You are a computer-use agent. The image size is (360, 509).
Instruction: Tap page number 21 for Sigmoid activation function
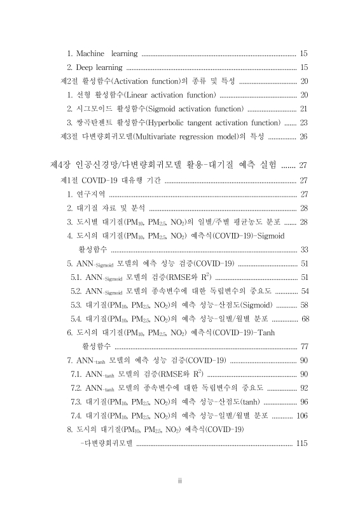pyautogui.click(x=303, y=108)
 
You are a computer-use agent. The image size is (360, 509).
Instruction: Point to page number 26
pyautogui.click(x=303, y=136)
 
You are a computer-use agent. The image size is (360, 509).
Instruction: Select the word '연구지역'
pyautogui.click(x=91, y=194)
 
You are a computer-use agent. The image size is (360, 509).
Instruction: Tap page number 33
pyautogui.click(x=303, y=249)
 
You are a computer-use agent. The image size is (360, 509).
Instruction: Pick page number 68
pyautogui.click(x=303, y=318)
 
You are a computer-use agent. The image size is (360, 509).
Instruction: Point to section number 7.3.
pyautogui.click(x=77, y=401)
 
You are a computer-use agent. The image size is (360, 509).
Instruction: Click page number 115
pyautogui.click(x=301, y=443)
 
